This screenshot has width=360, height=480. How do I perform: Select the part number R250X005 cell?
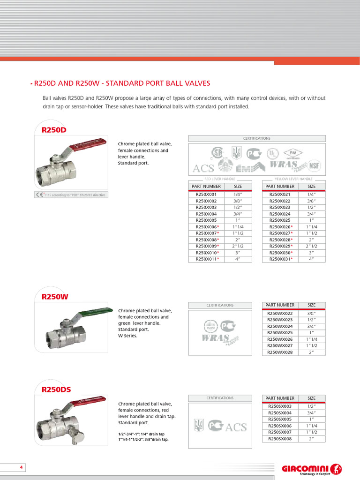[x=206, y=220]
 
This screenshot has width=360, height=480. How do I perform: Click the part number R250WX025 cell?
[x=280, y=332]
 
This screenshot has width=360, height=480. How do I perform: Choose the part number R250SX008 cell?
[x=280, y=439]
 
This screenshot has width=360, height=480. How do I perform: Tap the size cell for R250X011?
[x=238, y=259]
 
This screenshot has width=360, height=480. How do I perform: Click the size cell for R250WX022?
[x=311, y=313]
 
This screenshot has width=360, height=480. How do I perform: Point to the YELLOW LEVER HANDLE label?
[x=293, y=179]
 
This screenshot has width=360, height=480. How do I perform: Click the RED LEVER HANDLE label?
[x=220, y=179]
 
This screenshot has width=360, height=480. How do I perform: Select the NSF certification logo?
[x=315, y=166]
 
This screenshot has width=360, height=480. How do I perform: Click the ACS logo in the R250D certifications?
[x=203, y=168]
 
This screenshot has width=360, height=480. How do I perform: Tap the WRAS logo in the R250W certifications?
[x=216, y=337]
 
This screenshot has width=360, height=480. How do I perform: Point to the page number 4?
[x=21, y=468]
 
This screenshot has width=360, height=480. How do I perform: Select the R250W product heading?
[x=55, y=296]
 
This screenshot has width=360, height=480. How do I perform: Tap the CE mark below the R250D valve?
[x=40, y=195]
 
